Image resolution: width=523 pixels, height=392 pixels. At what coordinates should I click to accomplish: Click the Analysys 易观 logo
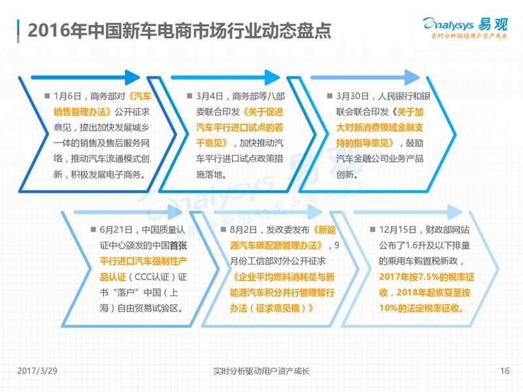tap(465, 27)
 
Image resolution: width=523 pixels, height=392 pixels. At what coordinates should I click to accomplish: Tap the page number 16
tap(505, 370)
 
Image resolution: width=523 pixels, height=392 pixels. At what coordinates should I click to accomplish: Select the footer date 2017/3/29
tap(37, 370)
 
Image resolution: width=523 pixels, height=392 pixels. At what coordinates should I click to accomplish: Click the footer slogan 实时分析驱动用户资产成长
tap(261, 371)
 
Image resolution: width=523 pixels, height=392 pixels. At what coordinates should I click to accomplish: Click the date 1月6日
tap(67, 96)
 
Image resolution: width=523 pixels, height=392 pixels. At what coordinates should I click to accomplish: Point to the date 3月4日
tap(209, 96)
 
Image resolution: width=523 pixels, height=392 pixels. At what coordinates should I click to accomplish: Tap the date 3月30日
tap(352, 96)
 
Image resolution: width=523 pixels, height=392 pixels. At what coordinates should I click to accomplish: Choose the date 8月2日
tap(243, 230)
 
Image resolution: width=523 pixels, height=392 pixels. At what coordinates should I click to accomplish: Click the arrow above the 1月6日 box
tap(86, 77)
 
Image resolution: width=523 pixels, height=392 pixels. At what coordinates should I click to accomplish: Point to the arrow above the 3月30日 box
tap(365, 77)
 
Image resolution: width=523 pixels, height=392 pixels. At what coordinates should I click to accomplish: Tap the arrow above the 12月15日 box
tap(407, 212)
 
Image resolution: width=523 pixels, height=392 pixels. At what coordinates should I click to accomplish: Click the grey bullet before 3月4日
tap(190, 96)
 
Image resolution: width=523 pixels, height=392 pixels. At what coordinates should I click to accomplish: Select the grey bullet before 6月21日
tap(93, 229)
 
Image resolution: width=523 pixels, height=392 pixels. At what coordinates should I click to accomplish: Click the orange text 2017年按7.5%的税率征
tap(427, 276)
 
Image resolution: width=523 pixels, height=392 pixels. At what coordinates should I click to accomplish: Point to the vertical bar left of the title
tap(18, 31)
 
